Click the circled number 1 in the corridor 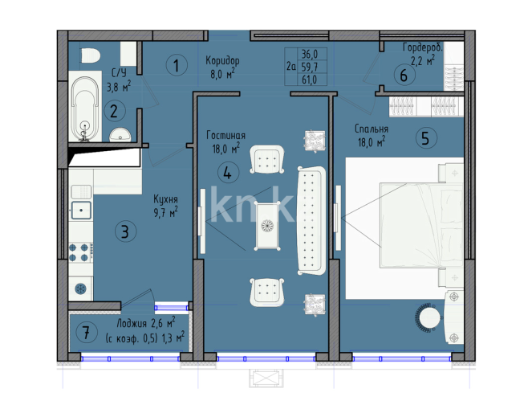point(175,65)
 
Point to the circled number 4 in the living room point(228,171)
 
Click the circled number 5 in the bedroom point(427,137)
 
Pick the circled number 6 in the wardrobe point(404,76)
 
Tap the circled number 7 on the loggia point(85,330)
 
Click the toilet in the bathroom point(89,56)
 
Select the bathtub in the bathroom point(85,108)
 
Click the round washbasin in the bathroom point(119,135)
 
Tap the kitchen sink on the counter point(81,211)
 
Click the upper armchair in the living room point(268,159)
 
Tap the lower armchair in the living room point(268,290)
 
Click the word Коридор point(222,61)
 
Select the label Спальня point(372,129)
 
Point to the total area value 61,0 point(308,80)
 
